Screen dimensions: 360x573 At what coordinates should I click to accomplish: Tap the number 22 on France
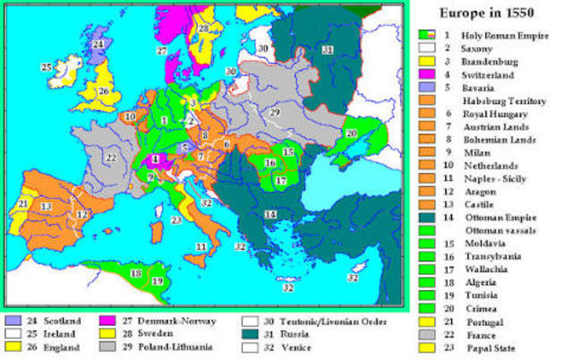pos(110,158)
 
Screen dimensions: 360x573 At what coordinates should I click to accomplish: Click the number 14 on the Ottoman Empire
pos(269,215)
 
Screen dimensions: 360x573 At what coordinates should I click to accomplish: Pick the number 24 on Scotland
pos(98,43)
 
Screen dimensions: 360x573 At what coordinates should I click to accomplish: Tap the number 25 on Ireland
pos(47,66)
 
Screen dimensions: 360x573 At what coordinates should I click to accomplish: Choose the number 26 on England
pos(104,90)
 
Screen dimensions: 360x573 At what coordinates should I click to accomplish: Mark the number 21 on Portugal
pos(21,205)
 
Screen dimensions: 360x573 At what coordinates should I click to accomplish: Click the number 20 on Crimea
pos(352,132)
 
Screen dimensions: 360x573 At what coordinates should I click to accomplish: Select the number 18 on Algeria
pos(137,272)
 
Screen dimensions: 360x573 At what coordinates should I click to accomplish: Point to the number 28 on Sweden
pos(205,29)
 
